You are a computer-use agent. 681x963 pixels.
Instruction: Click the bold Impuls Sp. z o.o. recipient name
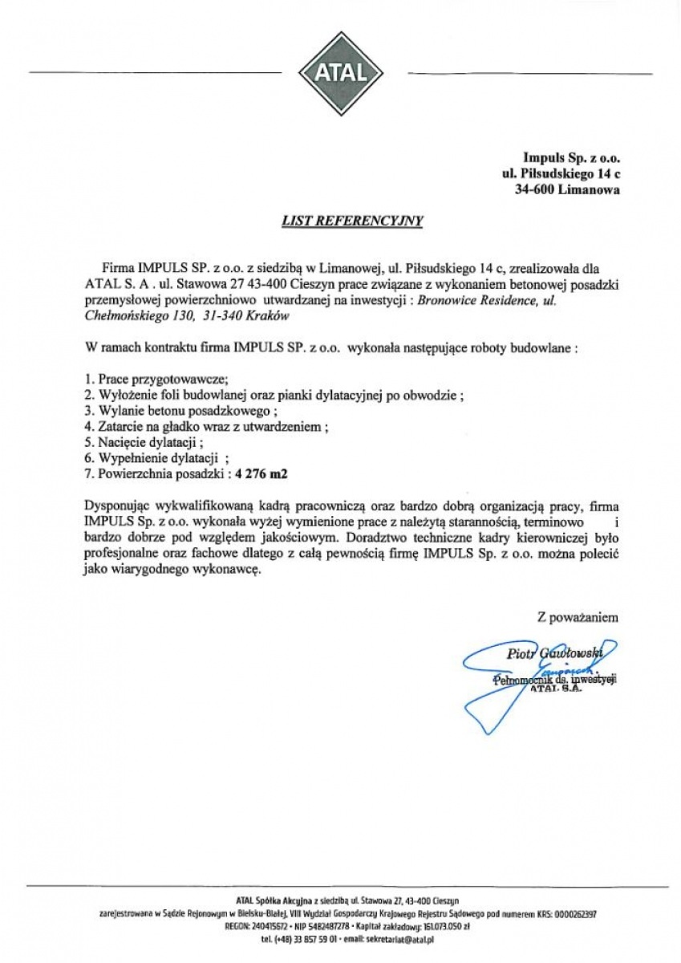[571, 157]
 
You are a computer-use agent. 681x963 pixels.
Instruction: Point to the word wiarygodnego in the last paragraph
[151, 571]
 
